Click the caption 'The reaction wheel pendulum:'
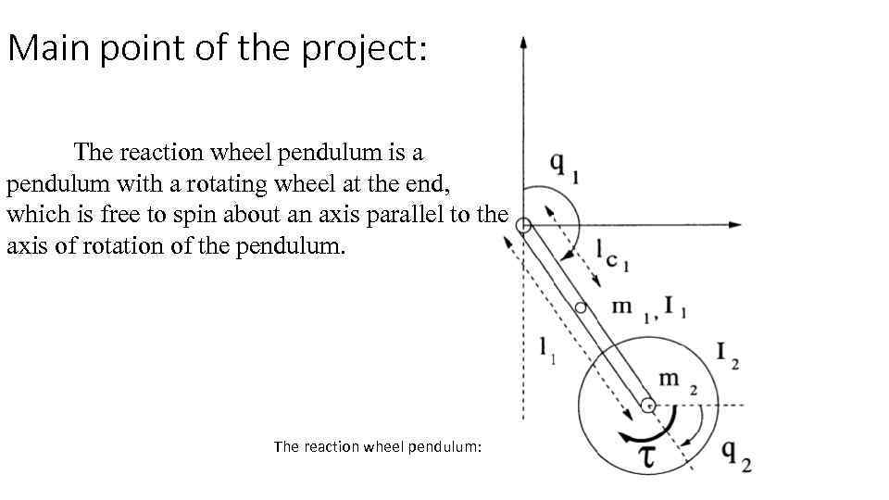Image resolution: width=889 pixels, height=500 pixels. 378,446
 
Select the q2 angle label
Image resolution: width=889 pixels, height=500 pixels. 736,454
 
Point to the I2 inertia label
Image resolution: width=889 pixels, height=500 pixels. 727,354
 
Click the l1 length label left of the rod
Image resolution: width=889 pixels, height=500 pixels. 545,349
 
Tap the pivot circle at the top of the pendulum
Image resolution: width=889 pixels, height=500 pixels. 523,225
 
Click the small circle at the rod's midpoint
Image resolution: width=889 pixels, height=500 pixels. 580,307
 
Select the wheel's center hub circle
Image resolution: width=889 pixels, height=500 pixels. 647,406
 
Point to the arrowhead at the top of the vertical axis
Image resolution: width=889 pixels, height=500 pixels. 523,43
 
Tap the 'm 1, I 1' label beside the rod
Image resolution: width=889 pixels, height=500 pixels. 655,308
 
